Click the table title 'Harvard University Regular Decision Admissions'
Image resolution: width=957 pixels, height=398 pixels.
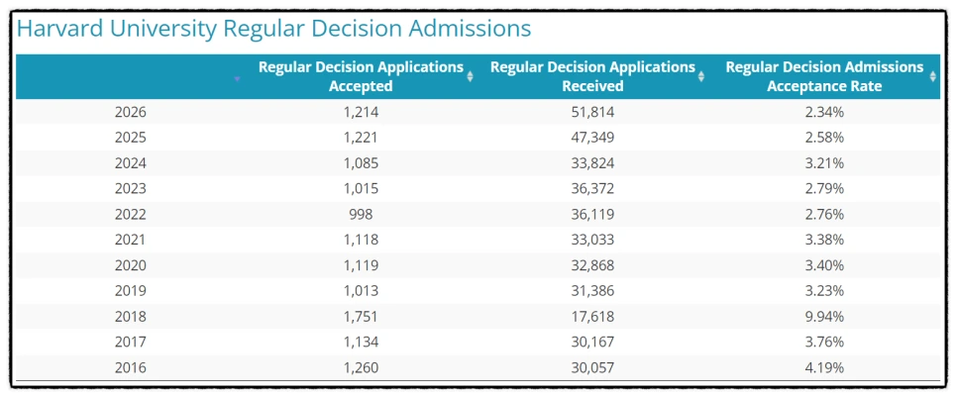(273, 29)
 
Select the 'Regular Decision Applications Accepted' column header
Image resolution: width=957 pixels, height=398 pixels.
(361, 76)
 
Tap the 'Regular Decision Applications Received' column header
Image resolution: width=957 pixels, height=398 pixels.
(592, 76)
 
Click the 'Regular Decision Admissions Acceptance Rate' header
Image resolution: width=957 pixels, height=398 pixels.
(824, 76)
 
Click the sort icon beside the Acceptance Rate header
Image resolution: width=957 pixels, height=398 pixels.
(933, 76)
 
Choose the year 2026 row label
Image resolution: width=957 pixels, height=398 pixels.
(131, 112)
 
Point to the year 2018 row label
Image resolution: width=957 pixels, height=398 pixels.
(131, 317)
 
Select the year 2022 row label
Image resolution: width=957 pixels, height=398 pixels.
(131, 214)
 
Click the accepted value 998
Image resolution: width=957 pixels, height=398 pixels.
(361, 214)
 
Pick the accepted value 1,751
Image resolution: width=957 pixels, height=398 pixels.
(361, 317)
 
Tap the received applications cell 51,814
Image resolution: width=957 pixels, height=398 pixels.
(592, 112)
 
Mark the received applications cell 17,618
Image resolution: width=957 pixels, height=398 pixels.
(592, 317)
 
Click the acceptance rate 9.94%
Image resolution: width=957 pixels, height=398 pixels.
(824, 317)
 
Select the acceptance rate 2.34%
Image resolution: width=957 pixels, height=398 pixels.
(824, 112)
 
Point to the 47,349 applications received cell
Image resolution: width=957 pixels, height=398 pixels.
(592, 138)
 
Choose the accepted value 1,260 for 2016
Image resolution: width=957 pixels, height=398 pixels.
(361, 368)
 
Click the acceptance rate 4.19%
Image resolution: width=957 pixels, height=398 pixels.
(824, 368)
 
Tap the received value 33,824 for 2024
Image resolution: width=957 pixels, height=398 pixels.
(592, 163)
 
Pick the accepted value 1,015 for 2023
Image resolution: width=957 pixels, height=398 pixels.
(361, 188)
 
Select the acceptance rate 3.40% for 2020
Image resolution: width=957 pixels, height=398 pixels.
(824, 265)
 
